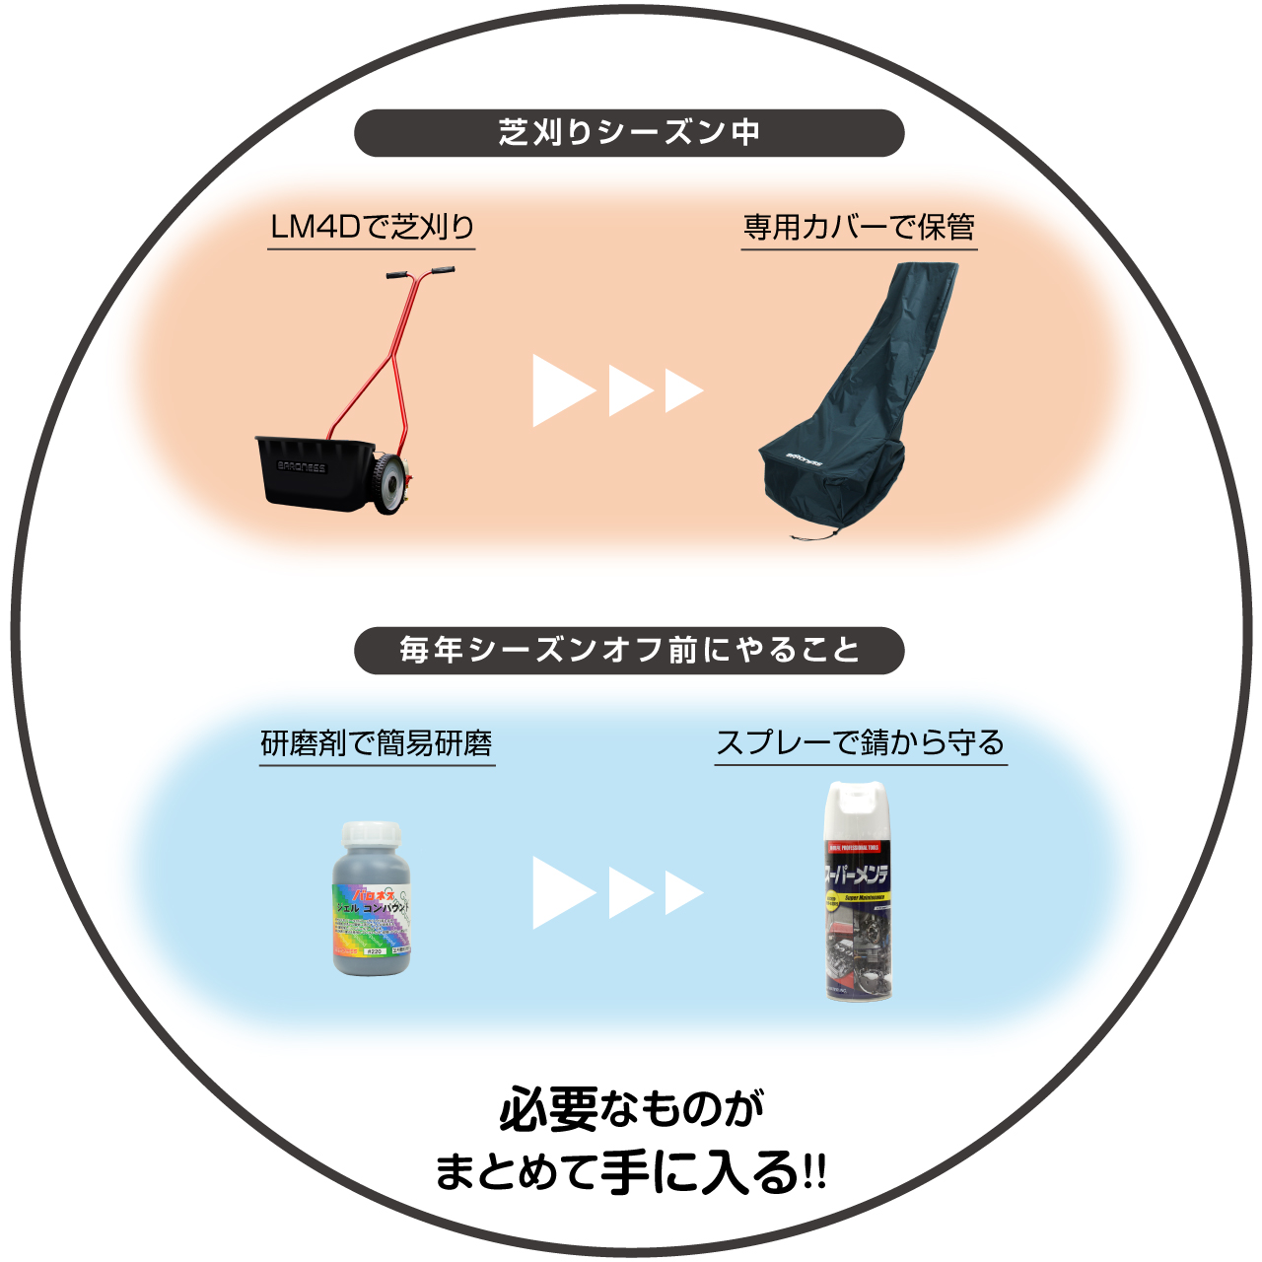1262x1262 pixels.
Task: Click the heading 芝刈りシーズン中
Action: (x=629, y=133)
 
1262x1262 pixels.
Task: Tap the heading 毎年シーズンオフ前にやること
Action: (x=629, y=651)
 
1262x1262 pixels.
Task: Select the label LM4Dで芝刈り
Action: (x=372, y=228)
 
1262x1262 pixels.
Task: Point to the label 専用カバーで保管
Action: (x=859, y=228)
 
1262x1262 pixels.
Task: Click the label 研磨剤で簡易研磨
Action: (x=377, y=743)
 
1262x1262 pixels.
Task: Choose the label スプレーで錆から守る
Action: (x=860, y=743)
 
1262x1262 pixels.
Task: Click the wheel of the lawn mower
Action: (x=391, y=485)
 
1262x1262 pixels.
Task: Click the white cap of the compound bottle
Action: (x=371, y=835)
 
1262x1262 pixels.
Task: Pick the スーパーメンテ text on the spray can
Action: (x=857, y=875)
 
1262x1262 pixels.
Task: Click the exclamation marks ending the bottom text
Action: (x=814, y=1173)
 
